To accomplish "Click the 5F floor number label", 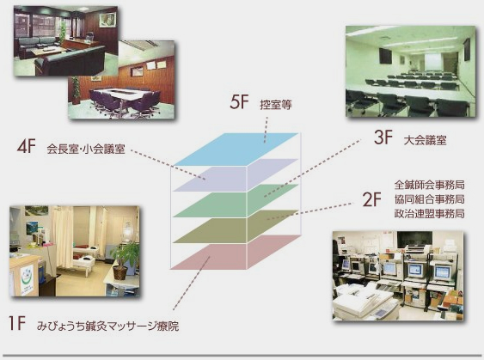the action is [x=239, y=102].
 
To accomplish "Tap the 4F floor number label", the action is [x=27, y=146].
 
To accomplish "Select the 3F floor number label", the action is [x=383, y=137].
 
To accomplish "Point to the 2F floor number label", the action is [x=372, y=199].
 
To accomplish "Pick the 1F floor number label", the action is [x=17, y=324].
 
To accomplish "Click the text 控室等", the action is [x=276, y=105].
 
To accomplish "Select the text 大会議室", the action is [x=425, y=140].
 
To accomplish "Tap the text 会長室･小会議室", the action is [x=86, y=149].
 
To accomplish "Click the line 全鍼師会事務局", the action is [x=429, y=185].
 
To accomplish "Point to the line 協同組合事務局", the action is [x=429, y=199].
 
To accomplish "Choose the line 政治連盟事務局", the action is [x=429, y=213].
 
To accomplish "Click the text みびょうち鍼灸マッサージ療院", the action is [x=107, y=326].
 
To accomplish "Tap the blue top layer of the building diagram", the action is [x=236, y=149].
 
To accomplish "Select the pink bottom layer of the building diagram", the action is [x=236, y=253].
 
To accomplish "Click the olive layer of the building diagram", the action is [x=236, y=227].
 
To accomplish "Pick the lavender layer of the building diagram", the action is [x=236, y=175].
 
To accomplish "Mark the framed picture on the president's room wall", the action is [x=107, y=20].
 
